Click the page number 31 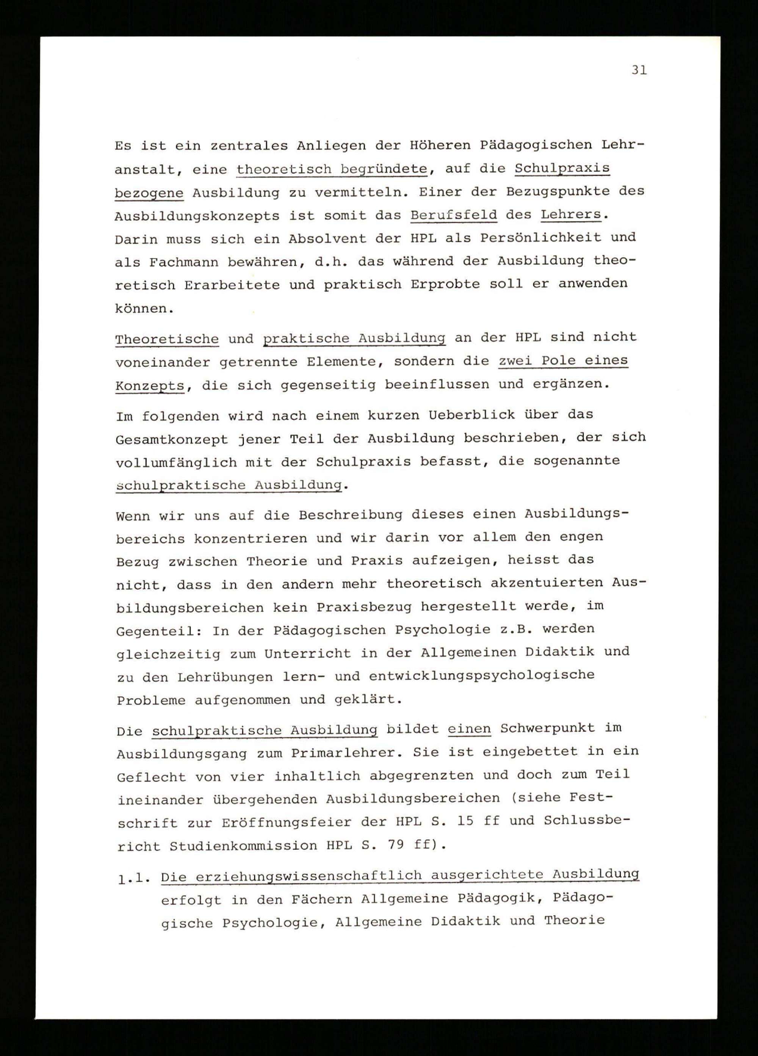[639, 70]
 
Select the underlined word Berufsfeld [454, 215]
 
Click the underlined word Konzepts [149, 386]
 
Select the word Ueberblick [471, 414]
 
